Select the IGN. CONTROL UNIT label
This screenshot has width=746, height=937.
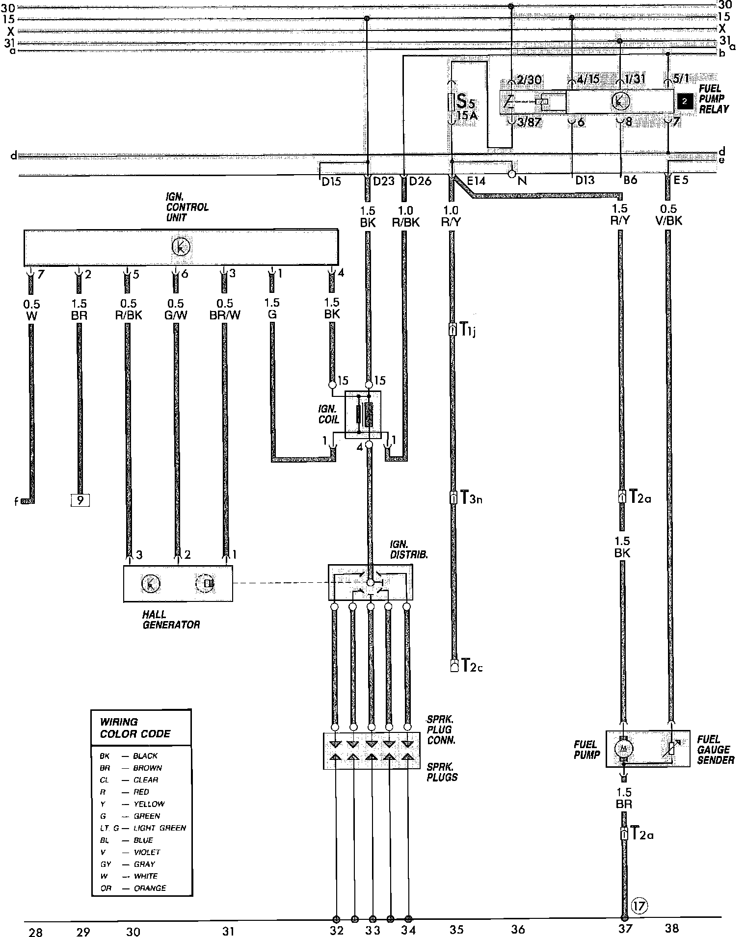pyautogui.click(x=187, y=207)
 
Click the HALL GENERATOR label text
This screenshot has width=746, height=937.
pyautogui.click(x=171, y=619)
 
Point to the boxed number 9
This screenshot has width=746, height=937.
pyautogui.click(x=80, y=500)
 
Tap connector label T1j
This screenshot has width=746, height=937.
pyautogui.click(x=468, y=330)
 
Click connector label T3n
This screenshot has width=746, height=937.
pyautogui.click(x=471, y=498)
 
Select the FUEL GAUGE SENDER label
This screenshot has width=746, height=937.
pyautogui.click(x=716, y=749)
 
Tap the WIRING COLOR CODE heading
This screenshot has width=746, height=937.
pyautogui.click(x=135, y=728)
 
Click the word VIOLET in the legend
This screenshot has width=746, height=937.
pyautogui.click(x=147, y=852)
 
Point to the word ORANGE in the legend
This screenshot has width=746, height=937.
pyautogui.click(x=150, y=888)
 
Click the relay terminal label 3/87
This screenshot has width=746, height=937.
pyautogui.click(x=530, y=123)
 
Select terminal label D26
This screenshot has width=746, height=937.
pyautogui.click(x=420, y=181)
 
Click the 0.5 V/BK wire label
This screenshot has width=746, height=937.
pyautogui.click(x=668, y=215)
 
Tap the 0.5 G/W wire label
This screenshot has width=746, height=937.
pyautogui.click(x=175, y=309)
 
